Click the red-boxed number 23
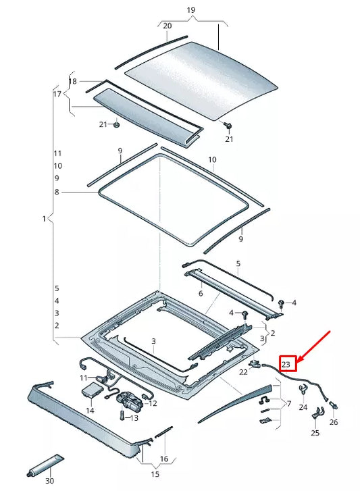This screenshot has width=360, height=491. click(x=286, y=364)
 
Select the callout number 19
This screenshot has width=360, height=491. click(x=191, y=10)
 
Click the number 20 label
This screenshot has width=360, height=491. click(x=168, y=26)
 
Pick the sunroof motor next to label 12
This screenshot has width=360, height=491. click(x=129, y=400)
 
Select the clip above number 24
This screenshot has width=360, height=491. click(x=303, y=389)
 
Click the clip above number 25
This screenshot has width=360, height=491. click(x=317, y=413)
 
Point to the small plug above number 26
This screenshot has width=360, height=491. click(x=334, y=405)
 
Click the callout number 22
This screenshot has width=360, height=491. click(x=243, y=371)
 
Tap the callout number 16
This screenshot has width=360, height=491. click(x=164, y=459)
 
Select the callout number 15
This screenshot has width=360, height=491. click(x=155, y=474)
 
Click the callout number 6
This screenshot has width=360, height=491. click(x=201, y=293)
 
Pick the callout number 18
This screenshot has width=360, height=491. click(x=73, y=82)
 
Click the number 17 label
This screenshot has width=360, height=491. click(x=57, y=94)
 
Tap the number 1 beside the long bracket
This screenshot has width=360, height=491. click(x=44, y=219)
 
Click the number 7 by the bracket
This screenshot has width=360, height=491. click(x=289, y=404)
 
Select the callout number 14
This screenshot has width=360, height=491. click(x=90, y=411)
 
